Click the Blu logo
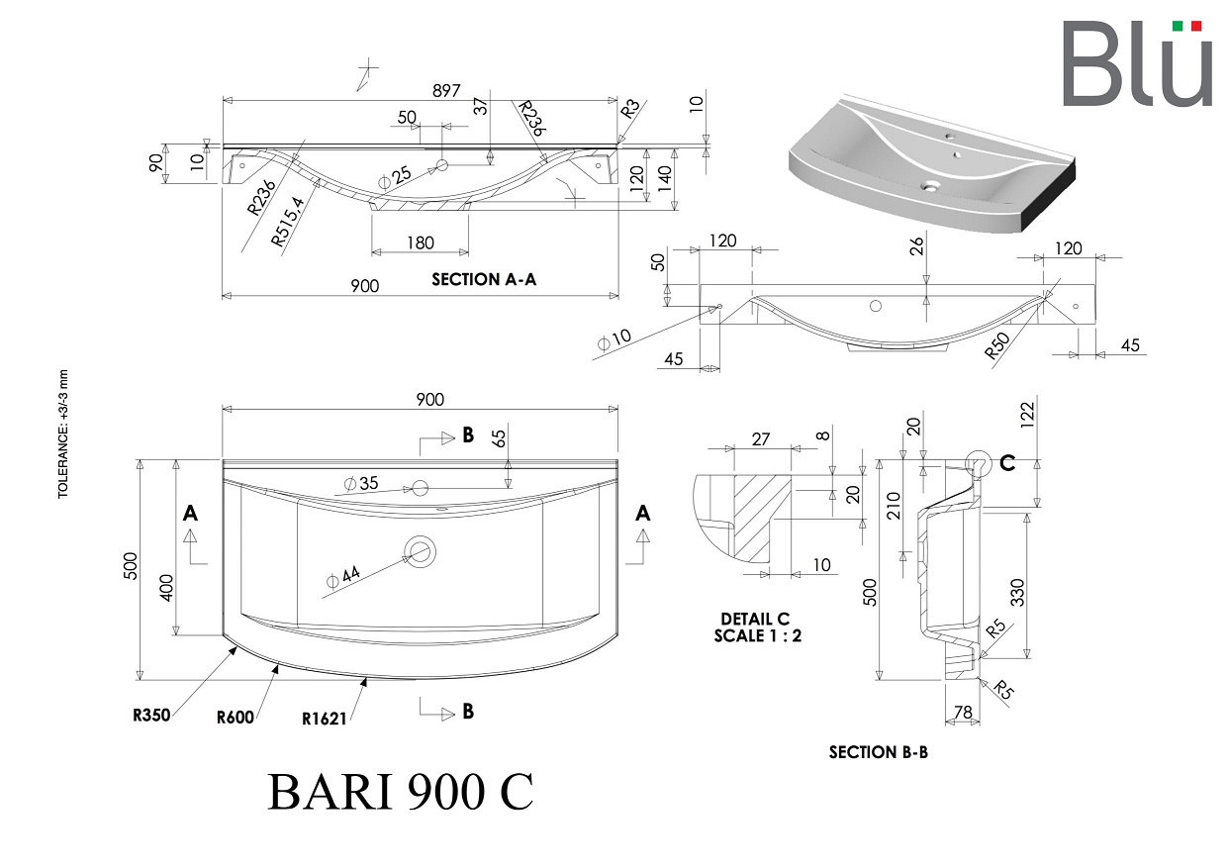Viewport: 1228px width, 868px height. (1137, 62)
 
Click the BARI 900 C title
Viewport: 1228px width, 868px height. (400, 792)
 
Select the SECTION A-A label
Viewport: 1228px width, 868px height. (484, 280)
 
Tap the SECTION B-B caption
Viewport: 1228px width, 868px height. (879, 752)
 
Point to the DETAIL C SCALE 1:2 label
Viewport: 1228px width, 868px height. (757, 627)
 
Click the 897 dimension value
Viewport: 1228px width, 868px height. (446, 90)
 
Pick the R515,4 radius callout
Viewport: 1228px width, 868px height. (288, 222)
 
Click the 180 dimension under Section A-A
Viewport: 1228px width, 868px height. (421, 242)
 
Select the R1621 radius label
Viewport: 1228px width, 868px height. (324, 719)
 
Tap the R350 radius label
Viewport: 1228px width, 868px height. (151, 715)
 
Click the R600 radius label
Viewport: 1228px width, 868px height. (236, 718)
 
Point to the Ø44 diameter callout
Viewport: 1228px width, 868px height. (343, 577)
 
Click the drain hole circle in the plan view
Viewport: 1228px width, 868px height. (420, 551)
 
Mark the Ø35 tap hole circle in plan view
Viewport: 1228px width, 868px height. (420, 488)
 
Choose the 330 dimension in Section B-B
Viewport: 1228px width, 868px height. (1017, 592)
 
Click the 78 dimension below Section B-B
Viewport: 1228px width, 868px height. (963, 712)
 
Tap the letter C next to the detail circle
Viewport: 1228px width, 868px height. (1007, 463)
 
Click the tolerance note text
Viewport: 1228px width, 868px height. (63, 434)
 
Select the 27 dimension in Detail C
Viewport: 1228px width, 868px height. (760, 439)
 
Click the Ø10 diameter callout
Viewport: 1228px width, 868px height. (614, 339)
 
